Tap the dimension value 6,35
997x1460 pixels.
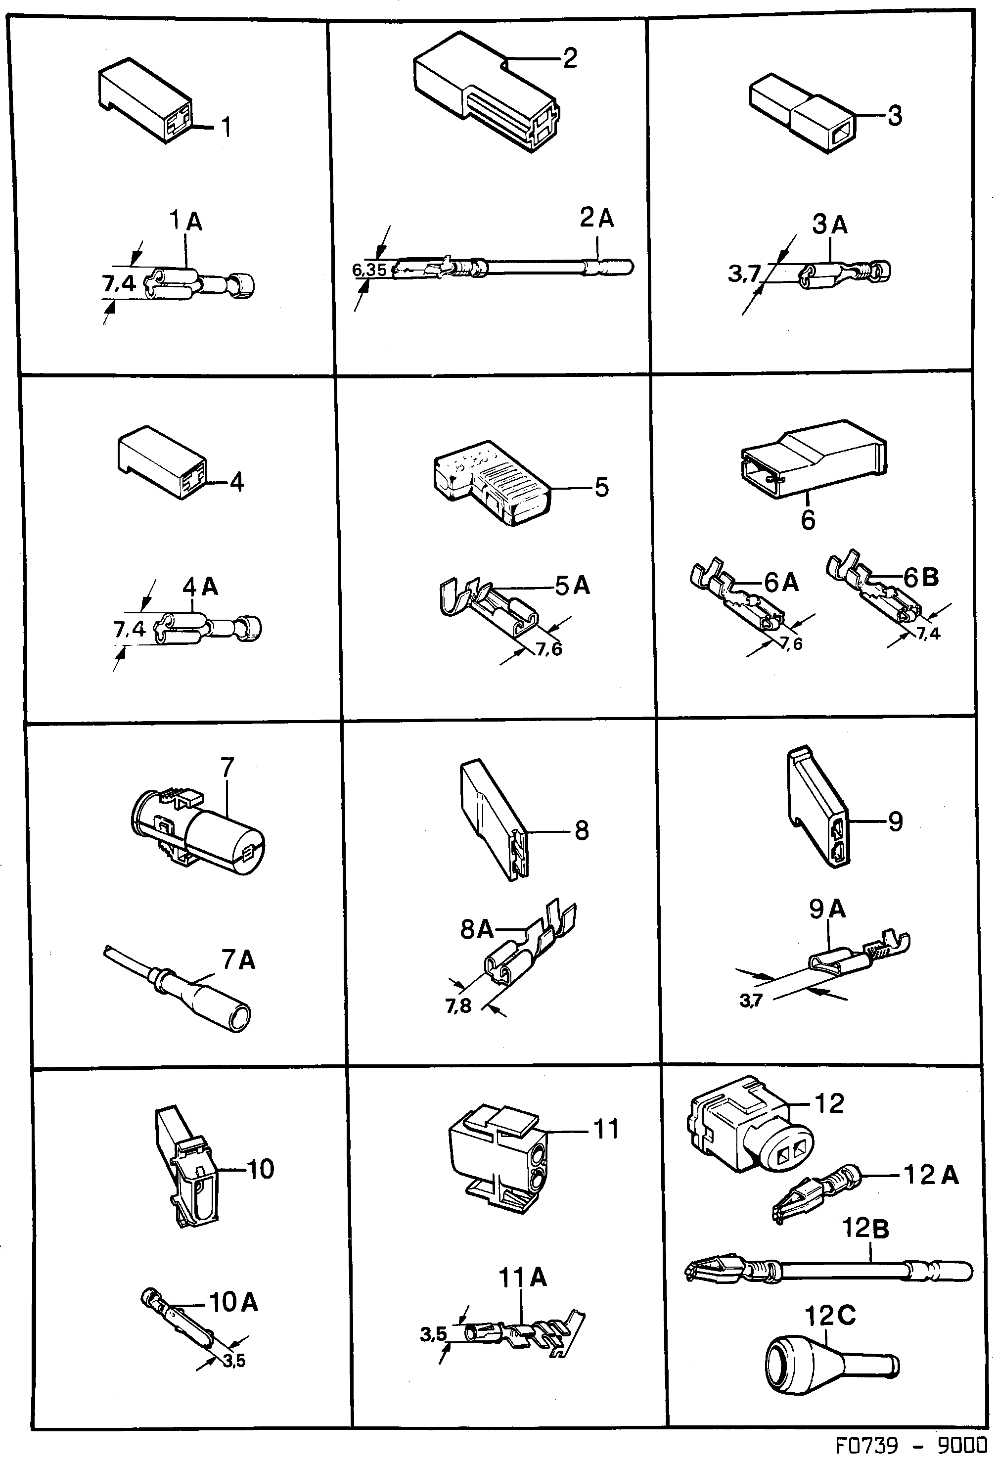point(369,270)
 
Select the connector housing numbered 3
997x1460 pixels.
point(802,113)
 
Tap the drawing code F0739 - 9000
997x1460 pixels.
point(910,1446)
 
